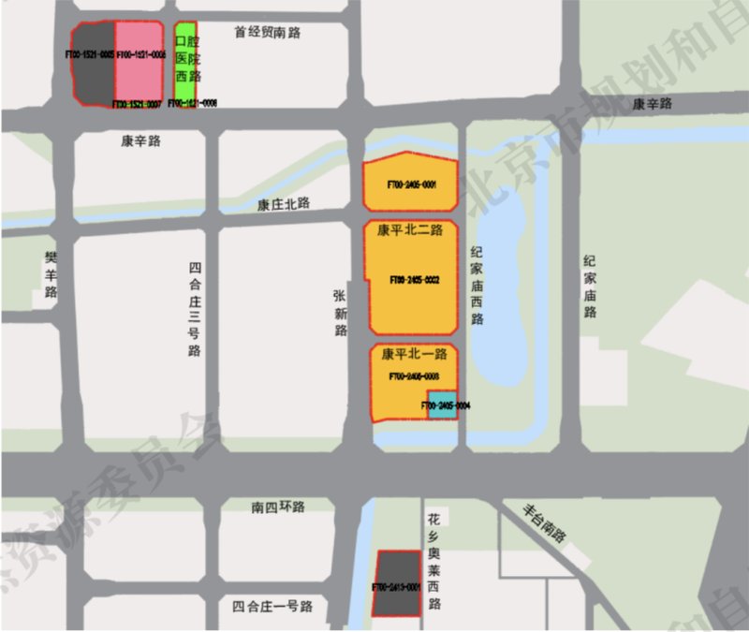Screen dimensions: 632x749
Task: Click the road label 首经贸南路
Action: tap(267, 33)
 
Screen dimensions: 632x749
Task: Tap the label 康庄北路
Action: tap(284, 204)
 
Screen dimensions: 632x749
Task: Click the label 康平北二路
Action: tap(410, 229)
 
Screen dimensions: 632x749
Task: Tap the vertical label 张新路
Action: tap(340, 312)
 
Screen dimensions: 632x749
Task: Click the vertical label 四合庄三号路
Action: tap(195, 308)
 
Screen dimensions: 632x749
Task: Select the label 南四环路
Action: tap(278, 507)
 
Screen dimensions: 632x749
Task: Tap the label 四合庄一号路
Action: tap(272, 606)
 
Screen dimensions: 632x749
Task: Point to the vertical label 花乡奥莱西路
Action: tap(433, 559)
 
